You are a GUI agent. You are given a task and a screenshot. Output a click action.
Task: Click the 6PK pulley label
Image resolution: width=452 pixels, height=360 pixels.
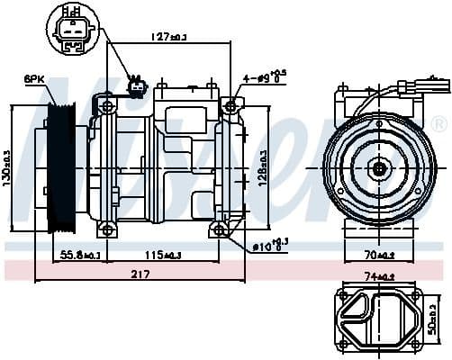coord(34,80)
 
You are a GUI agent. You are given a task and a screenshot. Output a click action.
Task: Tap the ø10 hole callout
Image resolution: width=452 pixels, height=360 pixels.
coord(267,243)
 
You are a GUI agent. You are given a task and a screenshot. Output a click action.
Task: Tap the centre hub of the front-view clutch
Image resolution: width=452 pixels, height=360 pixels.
coord(379,167)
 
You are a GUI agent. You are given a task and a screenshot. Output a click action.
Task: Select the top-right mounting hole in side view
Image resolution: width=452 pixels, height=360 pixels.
coord(231,106)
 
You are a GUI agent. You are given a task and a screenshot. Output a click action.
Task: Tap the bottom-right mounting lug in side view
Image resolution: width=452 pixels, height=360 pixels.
coord(221,232)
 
